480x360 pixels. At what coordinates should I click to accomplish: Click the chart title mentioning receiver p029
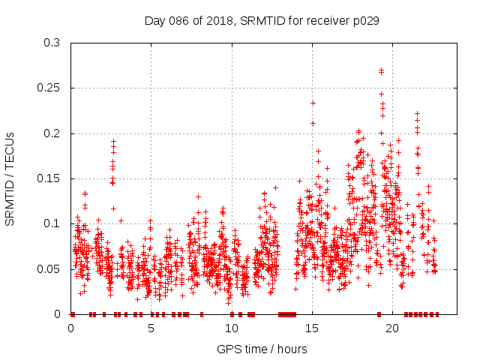(261, 21)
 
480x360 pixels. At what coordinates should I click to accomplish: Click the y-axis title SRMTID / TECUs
(10, 178)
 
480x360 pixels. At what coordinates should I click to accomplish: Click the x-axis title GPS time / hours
(262, 349)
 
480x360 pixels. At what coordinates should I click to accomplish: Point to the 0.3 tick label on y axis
(52, 43)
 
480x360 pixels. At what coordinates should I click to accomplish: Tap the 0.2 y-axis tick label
(52, 133)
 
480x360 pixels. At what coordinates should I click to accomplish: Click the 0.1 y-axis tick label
(52, 223)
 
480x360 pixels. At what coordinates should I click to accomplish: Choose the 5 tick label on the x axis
(151, 328)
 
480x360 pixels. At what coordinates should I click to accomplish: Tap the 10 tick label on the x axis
(232, 328)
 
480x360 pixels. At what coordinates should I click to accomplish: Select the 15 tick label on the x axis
(312, 328)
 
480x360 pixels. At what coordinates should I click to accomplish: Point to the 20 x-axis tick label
(392, 328)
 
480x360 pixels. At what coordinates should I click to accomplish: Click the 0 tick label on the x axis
(71, 328)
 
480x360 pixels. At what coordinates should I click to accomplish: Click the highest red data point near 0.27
(381, 71)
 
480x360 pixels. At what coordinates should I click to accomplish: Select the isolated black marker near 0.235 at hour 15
(313, 103)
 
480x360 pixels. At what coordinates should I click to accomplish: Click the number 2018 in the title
(221, 21)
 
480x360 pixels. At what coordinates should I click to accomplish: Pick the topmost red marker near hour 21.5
(417, 113)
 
